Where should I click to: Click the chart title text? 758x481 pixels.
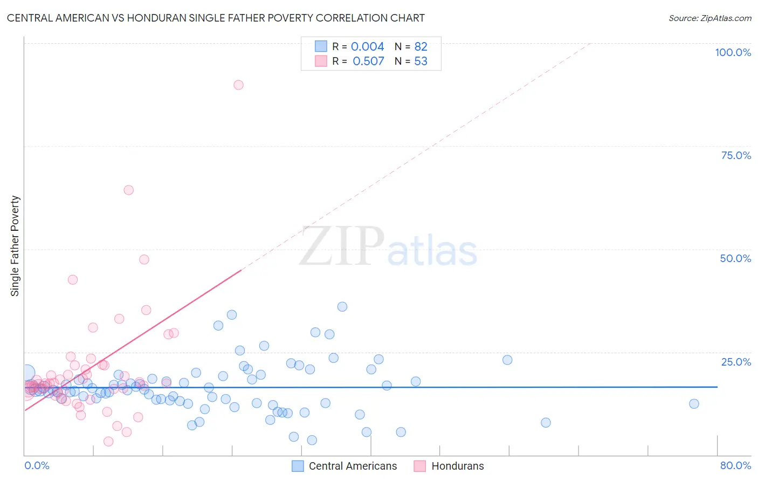pos(216,18)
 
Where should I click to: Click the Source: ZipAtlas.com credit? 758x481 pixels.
pos(709,18)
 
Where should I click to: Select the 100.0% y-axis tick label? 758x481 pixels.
pos(733,52)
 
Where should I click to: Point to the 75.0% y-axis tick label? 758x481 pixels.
pos(736,155)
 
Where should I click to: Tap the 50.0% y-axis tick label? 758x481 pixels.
pos(735,258)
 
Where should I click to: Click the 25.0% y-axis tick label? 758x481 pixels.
pos(736,362)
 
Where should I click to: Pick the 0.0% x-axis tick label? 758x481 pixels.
pos(37,465)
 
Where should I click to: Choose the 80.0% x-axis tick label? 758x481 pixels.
pos(735,465)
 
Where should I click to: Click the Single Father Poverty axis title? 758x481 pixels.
pos(15,245)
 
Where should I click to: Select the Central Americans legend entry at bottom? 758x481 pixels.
pos(353,466)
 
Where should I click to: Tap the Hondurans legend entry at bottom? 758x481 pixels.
pos(457,466)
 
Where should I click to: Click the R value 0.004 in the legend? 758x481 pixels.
pos(367,47)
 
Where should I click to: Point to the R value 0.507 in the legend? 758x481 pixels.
pos(368,61)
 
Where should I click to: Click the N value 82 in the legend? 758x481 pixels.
pos(421,47)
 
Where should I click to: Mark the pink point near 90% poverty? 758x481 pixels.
pos(238,85)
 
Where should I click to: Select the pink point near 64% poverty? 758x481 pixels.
pos(128,190)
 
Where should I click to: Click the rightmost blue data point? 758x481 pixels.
pos(694,404)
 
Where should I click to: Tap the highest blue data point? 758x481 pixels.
pos(342,307)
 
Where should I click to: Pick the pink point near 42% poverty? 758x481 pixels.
pos(73,279)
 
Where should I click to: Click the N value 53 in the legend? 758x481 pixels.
pos(421,61)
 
